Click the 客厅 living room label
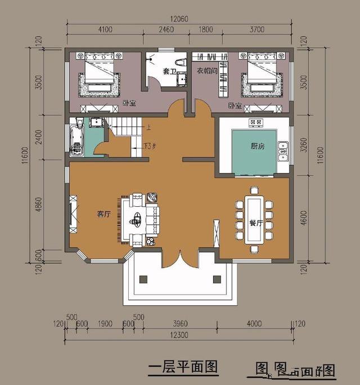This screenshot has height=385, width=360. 102,214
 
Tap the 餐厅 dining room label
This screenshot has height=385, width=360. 256,223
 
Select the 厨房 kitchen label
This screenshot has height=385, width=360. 258,146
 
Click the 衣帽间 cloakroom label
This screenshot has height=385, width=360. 206,71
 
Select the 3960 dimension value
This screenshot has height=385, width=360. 180,324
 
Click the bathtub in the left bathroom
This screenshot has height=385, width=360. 76,139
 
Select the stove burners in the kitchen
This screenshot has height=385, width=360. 255,123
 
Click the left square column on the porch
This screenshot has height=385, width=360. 143,279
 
